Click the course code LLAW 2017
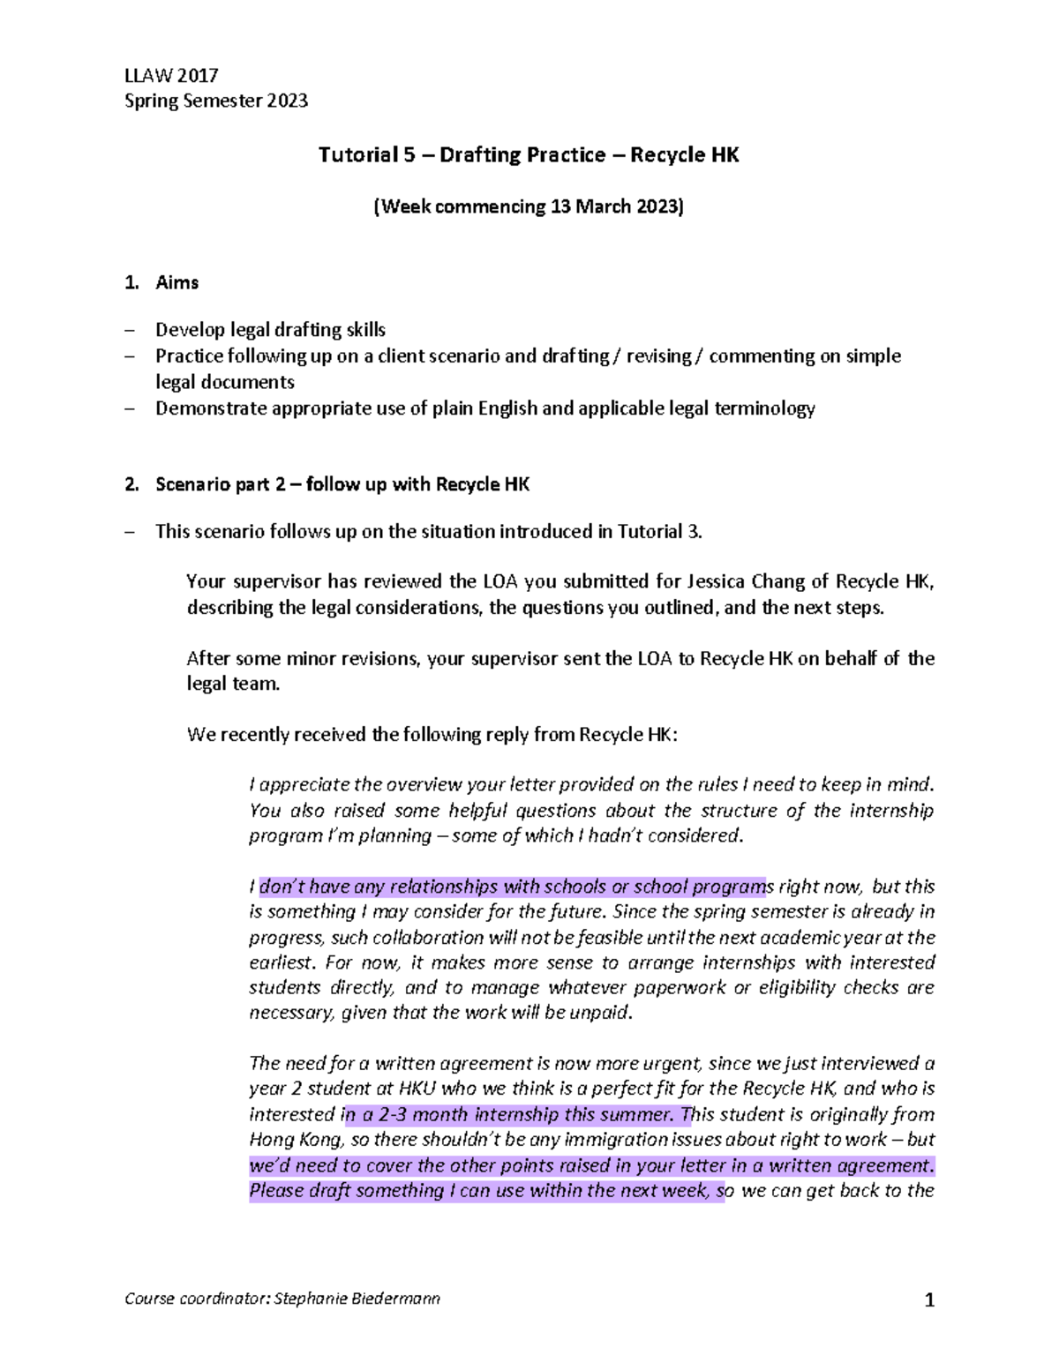click(171, 75)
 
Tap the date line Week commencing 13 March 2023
click(528, 207)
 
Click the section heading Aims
click(176, 283)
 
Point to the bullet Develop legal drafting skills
click(270, 330)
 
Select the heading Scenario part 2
click(342, 484)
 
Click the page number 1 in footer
click(928, 1299)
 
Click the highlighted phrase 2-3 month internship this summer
click(511, 1114)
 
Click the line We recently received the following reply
click(432, 735)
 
